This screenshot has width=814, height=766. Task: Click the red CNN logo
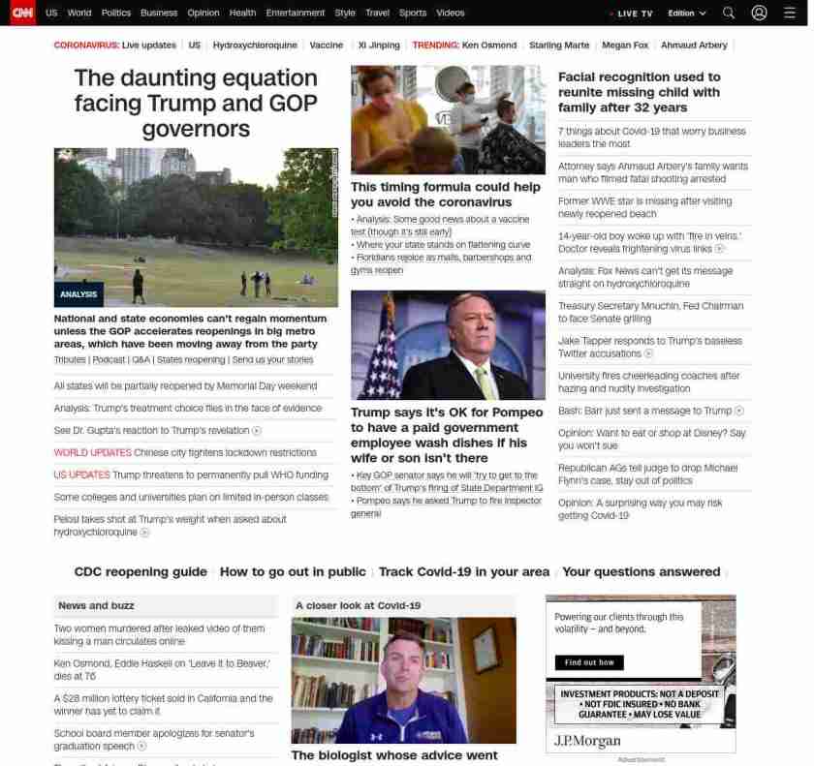[x=21, y=13]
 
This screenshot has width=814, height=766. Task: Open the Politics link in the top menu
[x=116, y=13]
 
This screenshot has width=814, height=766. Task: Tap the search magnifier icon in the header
[x=729, y=13]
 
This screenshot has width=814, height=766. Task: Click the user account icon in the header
[x=760, y=13]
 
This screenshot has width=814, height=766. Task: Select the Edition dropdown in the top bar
[x=687, y=14]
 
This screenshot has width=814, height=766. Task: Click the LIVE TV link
[x=634, y=14]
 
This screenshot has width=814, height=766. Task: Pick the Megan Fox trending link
[x=624, y=46]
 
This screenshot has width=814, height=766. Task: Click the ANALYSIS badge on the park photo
[x=78, y=294]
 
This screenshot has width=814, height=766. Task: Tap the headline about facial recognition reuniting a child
[x=640, y=92]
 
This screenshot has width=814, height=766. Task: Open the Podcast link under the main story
[x=109, y=359]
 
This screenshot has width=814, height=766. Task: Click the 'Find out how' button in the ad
[x=589, y=662]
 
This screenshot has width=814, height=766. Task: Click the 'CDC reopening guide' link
[x=141, y=571]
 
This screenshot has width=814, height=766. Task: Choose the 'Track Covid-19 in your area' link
[x=463, y=571]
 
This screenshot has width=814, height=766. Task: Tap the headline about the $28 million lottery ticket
[x=163, y=704]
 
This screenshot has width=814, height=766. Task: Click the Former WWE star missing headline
[x=644, y=207]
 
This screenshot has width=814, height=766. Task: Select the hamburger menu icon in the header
[x=790, y=13]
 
